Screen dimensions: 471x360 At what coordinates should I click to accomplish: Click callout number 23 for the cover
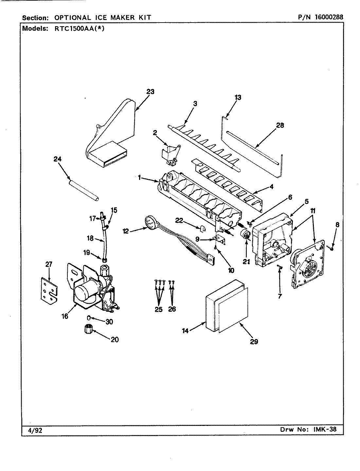coord(150,92)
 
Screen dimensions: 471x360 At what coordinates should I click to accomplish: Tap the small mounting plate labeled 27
coord(49,288)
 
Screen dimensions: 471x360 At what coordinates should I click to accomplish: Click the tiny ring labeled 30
coord(89,318)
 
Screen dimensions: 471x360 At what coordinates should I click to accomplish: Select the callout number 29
coord(254,341)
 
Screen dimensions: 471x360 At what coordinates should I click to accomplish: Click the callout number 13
coord(238,97)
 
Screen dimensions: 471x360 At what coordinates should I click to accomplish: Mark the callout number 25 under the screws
coord(158,309)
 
